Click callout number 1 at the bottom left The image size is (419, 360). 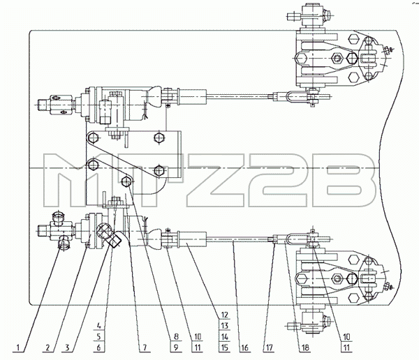click(18, 347)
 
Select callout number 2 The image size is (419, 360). click(47, 347)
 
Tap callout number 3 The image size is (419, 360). click(67, 347)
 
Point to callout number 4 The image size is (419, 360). click(99, 326)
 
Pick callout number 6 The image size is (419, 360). click(99, 347)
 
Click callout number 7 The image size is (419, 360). click(145, 347)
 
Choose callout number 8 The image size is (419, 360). click(175, 336)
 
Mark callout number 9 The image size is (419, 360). click(175, 347)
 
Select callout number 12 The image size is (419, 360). click(224, 315)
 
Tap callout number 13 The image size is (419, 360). click(224, 326)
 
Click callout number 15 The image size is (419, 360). click(224, 347)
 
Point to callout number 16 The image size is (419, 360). click(244, 347)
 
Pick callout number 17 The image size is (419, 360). click(269, 347)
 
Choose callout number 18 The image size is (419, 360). click(305, 347)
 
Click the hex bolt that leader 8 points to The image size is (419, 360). click(126, 181)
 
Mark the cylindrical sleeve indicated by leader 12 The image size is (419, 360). click(193, 239)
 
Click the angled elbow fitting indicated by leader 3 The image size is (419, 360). click(109, 234)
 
